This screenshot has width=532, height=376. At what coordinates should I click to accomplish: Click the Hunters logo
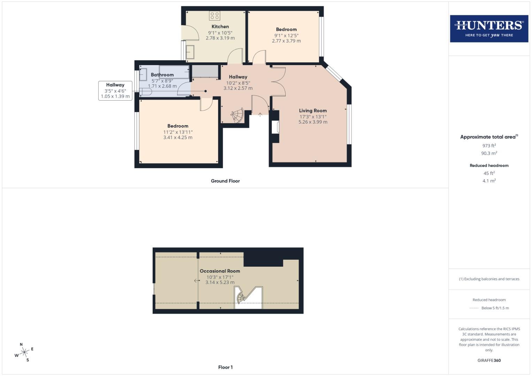pos(489,29)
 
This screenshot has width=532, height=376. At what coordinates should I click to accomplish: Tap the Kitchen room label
pos(220,26)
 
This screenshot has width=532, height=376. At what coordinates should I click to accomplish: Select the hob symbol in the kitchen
pos(215,15)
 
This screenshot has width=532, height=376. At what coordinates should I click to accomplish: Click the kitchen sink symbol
pos(190,52)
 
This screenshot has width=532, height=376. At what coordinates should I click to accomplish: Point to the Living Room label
pos(313,111)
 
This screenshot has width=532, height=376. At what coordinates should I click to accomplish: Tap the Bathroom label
pos(162,75)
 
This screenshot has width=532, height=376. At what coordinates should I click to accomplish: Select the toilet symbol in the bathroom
pos(146,92)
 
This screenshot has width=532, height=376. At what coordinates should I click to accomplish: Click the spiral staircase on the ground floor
pos(238,115)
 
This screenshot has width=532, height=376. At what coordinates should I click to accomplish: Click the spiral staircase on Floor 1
pos(241,297)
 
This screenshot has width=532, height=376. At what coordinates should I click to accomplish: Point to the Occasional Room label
pos(219,271)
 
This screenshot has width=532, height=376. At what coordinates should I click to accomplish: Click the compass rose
pos(24,352)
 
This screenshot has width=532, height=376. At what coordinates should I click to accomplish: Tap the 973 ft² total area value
pos(489,146)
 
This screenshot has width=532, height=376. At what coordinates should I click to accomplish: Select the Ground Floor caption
pos(225,181)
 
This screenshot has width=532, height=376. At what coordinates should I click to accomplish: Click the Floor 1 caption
pos(225,367)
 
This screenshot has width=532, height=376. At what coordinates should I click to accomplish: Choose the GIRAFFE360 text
pos(489,360)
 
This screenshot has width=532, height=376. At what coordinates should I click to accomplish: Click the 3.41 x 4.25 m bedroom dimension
pos(178,138)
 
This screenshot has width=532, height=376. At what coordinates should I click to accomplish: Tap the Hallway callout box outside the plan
pos(115,91)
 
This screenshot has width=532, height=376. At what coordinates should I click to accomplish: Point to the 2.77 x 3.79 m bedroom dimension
pos(286,41)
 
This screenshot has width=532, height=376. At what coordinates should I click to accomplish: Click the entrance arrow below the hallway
pos(260,115)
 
